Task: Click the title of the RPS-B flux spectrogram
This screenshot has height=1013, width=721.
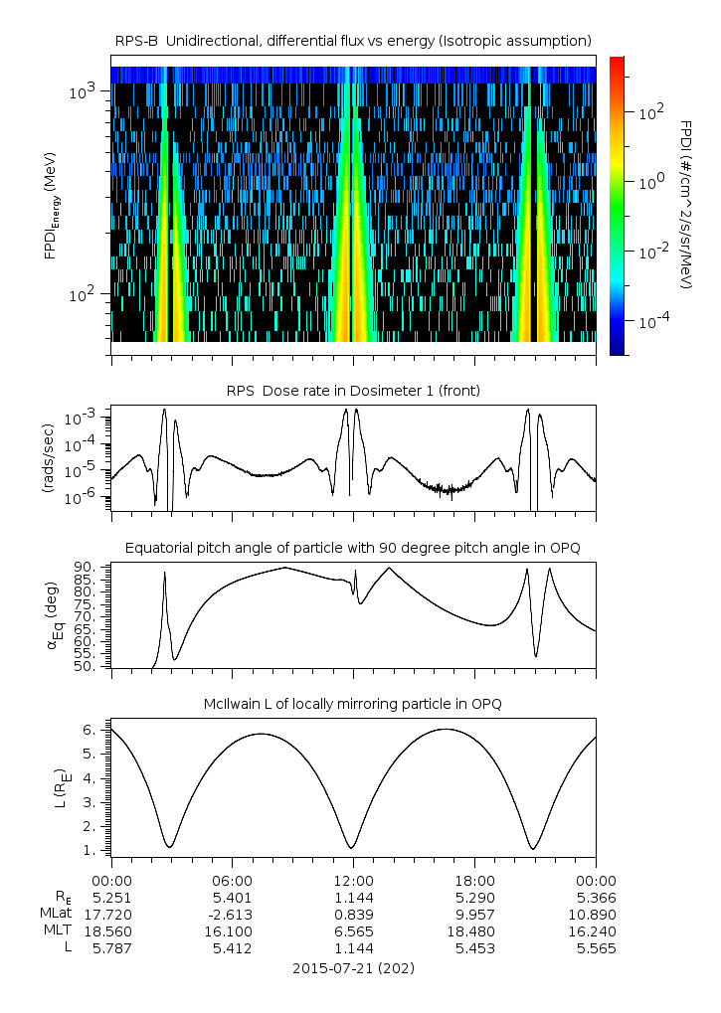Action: (x=353, y=40)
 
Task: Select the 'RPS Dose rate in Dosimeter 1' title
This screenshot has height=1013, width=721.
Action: (x=353, y=391)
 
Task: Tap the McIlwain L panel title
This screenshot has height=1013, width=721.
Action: (x=353, y=704)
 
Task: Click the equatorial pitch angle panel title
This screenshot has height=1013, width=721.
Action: (x=353, y=548)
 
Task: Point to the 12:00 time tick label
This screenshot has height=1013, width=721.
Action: (x=353, y=880)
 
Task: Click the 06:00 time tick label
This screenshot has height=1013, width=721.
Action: (x=233, y=880)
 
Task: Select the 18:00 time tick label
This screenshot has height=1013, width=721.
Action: (x=474, y=880)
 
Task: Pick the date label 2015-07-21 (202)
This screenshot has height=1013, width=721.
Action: (x=353, y=967)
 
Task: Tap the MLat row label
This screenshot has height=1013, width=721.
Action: (x=54, y=914)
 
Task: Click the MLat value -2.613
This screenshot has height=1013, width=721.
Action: (x=232, y=914)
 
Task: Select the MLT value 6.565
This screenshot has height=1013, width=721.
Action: (x=353, y=931)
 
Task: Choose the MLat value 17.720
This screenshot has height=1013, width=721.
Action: (x=111, y=914)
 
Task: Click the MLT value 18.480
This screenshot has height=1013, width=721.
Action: (x=474, y=931)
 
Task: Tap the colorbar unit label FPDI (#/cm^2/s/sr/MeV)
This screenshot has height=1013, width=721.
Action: (x=685, y=204)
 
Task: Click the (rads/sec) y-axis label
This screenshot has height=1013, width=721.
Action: (x=48, y=457)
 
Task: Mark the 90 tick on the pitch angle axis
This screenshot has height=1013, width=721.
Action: (x=84, y=567)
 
